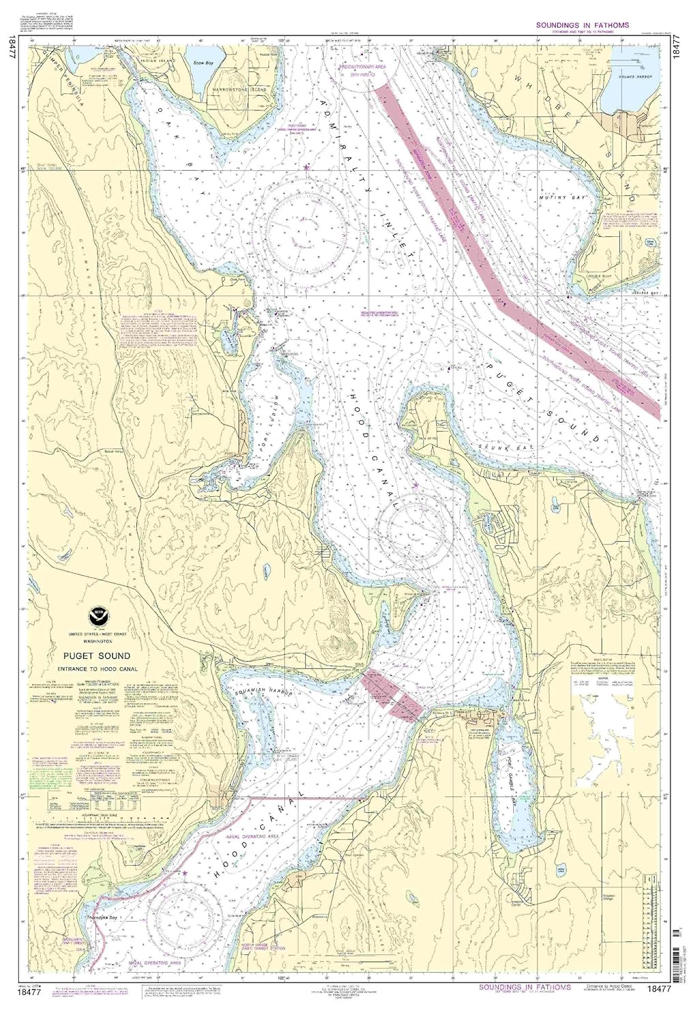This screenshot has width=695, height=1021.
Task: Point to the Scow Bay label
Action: (201, 63)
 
